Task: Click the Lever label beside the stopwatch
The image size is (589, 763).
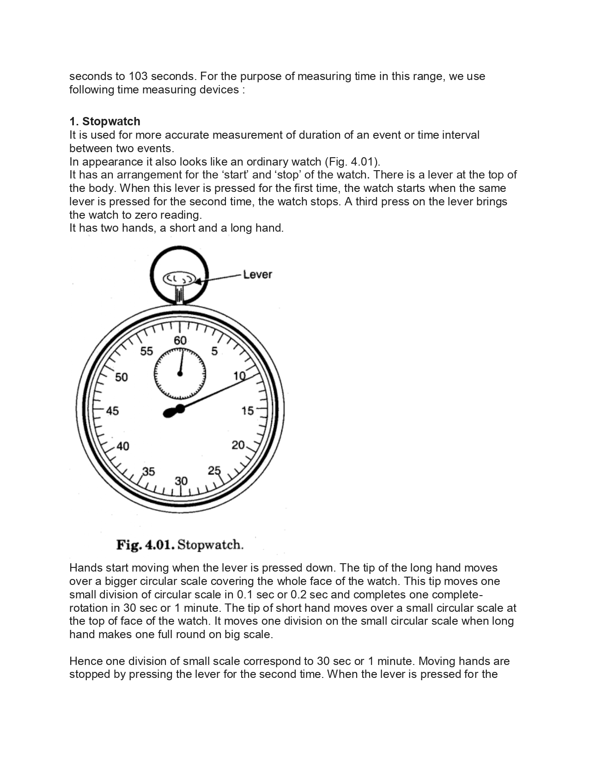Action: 257,274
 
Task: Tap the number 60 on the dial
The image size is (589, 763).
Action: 180,340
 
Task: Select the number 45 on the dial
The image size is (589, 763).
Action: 112,411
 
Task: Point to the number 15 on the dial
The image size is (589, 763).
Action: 248,411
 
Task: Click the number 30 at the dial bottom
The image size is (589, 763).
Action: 181,481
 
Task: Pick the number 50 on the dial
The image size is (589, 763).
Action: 121,377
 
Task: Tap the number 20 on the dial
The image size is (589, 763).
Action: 238,445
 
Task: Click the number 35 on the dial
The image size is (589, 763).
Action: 148,472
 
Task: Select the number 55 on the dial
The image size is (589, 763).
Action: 146,351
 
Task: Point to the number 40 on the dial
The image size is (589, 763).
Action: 122,446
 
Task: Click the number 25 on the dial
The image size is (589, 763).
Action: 214,471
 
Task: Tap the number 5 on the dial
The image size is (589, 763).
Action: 214,351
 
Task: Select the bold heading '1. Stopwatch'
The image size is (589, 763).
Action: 105,122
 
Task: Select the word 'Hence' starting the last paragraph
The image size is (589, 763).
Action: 85,661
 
